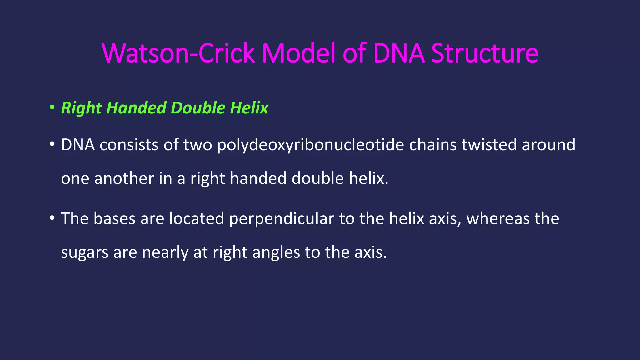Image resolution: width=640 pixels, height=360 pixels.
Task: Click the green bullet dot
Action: click(x=52, y=108)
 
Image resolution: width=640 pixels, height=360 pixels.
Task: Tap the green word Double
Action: click(x=198, y=108)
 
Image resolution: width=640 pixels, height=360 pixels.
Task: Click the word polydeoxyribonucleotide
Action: click(x=310, y=145)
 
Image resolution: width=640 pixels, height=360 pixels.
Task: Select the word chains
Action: click(x=433, y=145)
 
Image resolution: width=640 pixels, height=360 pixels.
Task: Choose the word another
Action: click(x=124, y=178)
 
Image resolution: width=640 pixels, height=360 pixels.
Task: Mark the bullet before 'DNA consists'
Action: click(x=52, y=145)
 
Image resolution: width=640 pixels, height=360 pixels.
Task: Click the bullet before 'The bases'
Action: click(x=52, y=218)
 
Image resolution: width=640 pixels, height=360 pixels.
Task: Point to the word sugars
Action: click(x=84, y=252)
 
